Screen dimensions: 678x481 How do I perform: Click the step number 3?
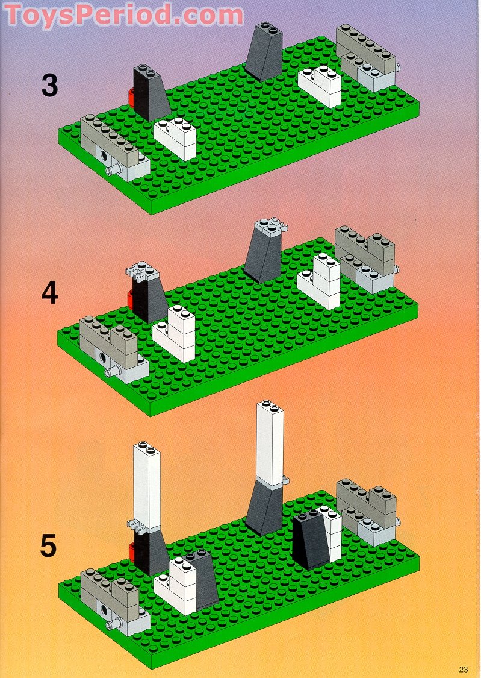(50, 85)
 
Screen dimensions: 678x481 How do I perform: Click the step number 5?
(49, 546)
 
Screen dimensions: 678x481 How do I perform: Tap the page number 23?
(463, 668)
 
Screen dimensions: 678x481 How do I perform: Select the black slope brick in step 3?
(149, 93)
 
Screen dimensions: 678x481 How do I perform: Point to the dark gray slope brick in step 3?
(264, 53)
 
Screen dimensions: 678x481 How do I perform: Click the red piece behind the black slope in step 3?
(131, 97)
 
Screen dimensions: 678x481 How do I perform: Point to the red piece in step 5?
(132, 550)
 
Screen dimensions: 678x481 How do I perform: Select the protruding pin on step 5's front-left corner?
(110, 626)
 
